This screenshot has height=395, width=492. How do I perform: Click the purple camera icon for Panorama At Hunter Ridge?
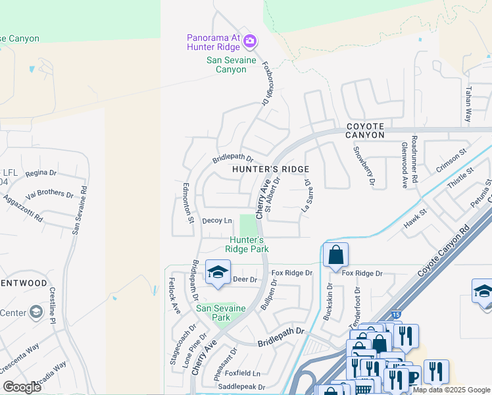click(x=249, y=41)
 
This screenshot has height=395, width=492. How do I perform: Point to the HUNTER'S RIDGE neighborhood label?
click(x=270, y=169)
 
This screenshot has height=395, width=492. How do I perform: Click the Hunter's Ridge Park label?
click(x=247, y=244)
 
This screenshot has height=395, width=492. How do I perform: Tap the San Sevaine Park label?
click(x=220, y=313)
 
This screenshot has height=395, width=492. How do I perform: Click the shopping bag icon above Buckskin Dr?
click(x=335, y=255)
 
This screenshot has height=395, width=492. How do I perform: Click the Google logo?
click(x=22, y=387)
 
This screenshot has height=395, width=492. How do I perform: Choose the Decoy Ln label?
click(x=217, y=221)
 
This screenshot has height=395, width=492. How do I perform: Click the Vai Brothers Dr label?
click(x=50, y=194)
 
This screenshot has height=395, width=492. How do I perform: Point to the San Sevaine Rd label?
click(x=80, y=209)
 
